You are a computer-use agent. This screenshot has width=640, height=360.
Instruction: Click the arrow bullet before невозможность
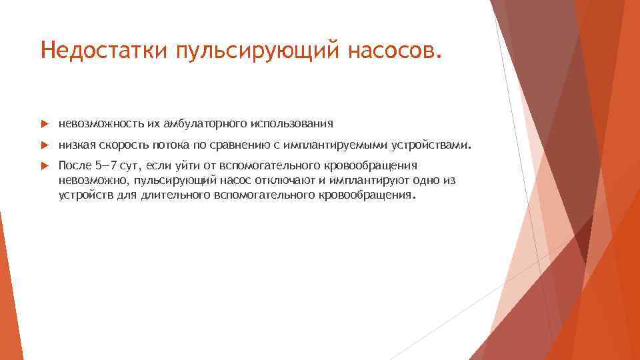coord(44,124)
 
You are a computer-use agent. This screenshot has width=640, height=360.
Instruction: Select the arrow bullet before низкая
coord(44,145)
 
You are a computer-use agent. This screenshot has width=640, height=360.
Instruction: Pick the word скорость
coord(127,144)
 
